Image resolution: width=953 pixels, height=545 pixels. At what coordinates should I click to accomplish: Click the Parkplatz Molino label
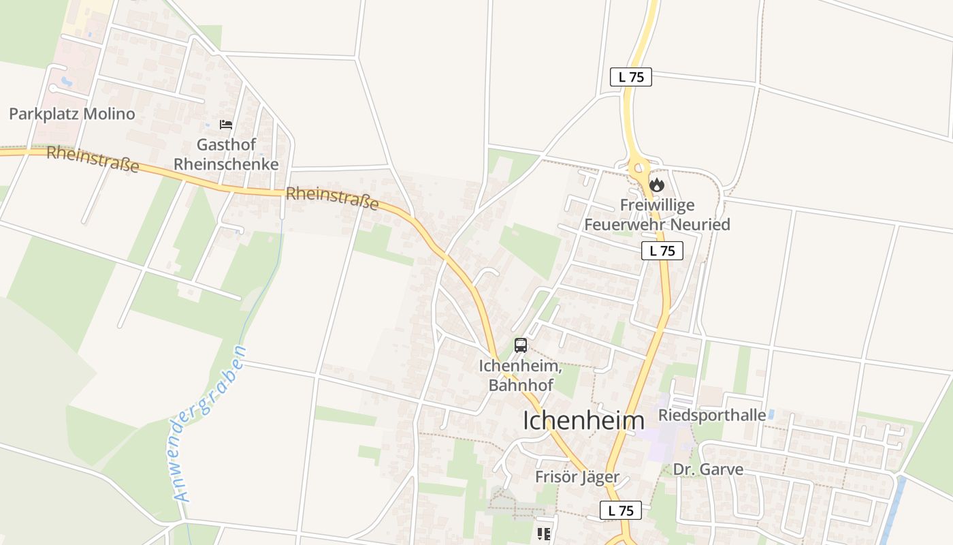pyautogui.click(x=72, y=114)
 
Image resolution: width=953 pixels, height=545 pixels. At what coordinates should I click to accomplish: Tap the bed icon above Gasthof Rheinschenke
pyautogui.click(x=226, y=125)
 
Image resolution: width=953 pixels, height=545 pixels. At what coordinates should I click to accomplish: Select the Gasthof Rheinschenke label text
pyautogui.click(x=226, y=155)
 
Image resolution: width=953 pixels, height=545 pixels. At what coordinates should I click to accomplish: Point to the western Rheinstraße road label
pyautogui.click(x=93, y=159)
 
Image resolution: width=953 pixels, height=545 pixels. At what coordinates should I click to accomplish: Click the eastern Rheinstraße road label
pyautogui.click(x=332, y=198)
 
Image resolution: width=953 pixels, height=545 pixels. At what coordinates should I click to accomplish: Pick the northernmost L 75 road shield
pyautogui.click(x=631, y=77)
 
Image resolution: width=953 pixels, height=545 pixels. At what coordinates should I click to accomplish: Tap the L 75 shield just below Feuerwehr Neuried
pyautogui.click(x=662, y=251)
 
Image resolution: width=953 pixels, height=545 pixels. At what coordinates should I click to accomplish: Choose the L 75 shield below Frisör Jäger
pyautogui.click(x=621, y=510)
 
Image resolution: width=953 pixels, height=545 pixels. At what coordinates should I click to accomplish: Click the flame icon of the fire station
pyautogui.click(x=656, y=184)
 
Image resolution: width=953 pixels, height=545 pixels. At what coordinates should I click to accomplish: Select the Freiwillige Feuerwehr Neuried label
pyautogui.click(x=657, y=215)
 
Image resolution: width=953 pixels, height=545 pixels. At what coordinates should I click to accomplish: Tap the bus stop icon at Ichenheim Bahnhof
pyautogui.click(x=521, y=345)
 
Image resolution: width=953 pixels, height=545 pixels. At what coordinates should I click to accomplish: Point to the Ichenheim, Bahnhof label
pyautogui.click(x=521, y=375)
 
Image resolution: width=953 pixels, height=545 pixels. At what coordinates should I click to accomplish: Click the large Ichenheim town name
pyautogui.click(x=583, y=420)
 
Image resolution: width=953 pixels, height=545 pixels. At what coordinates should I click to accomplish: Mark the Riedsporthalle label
pyautogui.click(x=711, y=415)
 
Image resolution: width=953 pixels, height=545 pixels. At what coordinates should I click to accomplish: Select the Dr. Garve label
pyautogui.click(x=708, y=469)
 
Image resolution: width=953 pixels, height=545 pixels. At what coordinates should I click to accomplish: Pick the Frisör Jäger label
pyautogui.click(x=577, y=477)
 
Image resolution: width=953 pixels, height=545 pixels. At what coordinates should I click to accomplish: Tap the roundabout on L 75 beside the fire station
pyautogui.click(x=639, y=167)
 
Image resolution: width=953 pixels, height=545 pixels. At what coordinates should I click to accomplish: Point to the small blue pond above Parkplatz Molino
pyautogui.click(x=66, y=81)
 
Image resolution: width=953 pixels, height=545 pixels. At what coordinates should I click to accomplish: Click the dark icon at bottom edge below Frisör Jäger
pyautogui.click(x=543, y=534)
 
